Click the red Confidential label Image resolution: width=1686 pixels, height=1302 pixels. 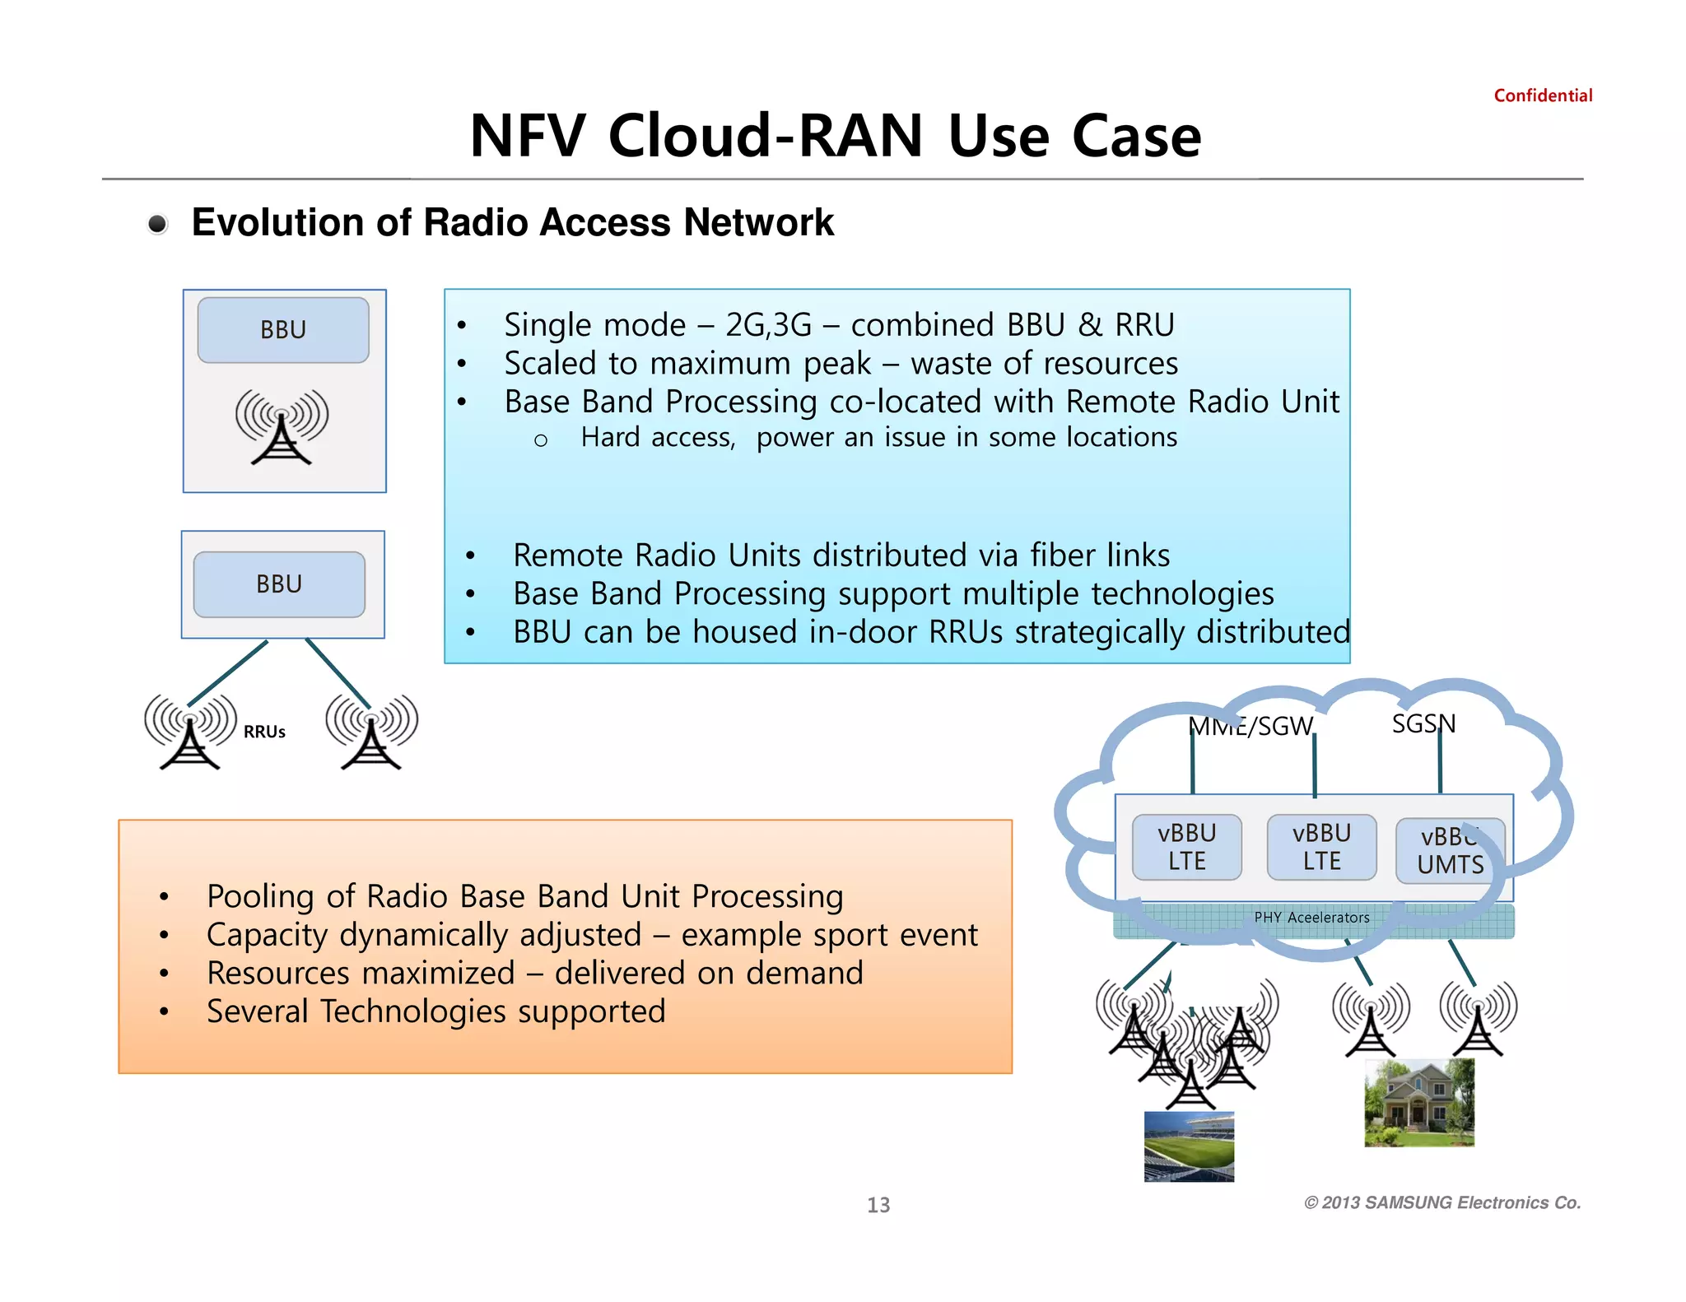point(1543,95)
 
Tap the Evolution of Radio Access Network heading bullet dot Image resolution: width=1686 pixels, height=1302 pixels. point(157,224)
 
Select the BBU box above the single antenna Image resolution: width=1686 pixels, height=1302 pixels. point(283,330)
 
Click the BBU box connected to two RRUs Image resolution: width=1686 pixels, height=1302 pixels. point(279,584)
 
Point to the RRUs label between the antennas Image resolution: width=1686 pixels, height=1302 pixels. point(264,732)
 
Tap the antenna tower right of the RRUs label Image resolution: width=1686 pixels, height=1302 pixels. point(371,732)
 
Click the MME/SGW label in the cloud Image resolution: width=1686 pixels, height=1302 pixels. point(1251,726)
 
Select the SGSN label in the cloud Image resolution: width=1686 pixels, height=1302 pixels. point(1423,723)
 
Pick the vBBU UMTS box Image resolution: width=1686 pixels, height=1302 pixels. point(1450,851)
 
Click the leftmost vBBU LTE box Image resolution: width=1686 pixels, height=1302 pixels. point(1186,847)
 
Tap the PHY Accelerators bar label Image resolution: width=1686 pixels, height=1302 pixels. point(1311,917)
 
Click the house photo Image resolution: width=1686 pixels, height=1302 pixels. point(1419,1103)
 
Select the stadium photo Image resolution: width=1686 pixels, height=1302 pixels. point(1189,1146)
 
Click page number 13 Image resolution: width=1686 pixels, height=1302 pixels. point(878,1205)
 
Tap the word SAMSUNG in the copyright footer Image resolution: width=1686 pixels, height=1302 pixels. point(1408,1202)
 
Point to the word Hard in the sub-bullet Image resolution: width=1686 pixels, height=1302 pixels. point(609,437)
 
